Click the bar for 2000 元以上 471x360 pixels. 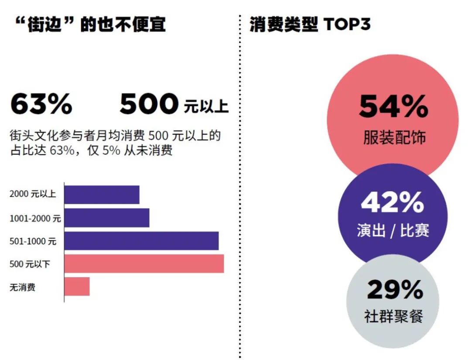coord(102,195)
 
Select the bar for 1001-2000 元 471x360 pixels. coord(107,218)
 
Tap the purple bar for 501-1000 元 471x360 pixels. coord(141,241)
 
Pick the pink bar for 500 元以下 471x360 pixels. coord(144,264)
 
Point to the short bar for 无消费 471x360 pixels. coord(77,287)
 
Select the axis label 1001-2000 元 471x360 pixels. coord(35,218)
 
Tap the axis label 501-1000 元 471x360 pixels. coord(33,241)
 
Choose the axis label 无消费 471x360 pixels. coord(22,287)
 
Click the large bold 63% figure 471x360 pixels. coord(41,105)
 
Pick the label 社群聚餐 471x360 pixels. coord(393,316)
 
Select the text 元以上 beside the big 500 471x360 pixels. coord(206,107)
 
